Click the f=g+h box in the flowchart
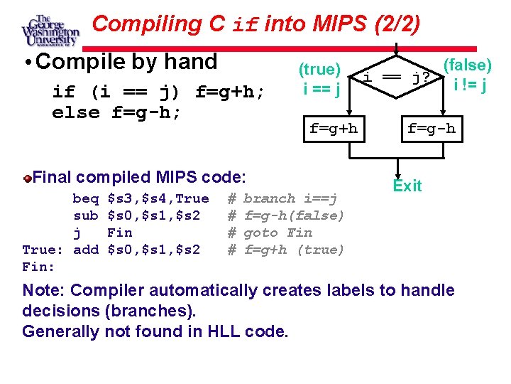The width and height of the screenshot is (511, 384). (x=334, y=129)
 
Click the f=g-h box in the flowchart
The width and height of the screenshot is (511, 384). (x=431, y=129)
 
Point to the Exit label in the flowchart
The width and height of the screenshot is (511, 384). (x=407, y=186)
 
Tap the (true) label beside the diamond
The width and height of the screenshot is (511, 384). (x=319, y=70)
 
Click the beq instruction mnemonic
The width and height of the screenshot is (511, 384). (x=86, y=198)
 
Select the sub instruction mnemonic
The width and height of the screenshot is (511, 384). (x=86, y=215)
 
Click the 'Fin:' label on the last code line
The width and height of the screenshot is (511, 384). (x=39, y=267)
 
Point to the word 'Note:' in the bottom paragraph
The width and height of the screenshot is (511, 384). (x=44, y=290)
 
